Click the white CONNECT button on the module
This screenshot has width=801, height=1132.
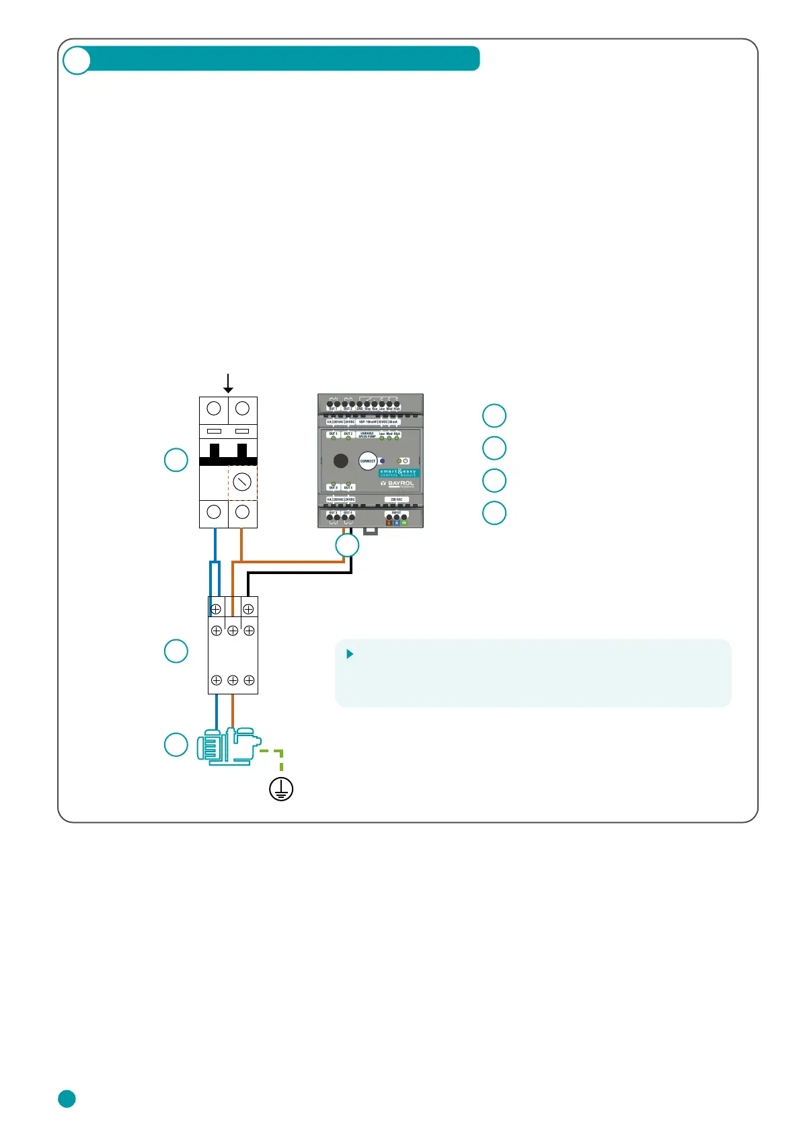(x=368, y=461)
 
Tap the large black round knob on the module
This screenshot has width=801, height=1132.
(x=341, y=460)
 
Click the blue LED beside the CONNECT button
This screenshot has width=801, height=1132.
(x=383, y=461)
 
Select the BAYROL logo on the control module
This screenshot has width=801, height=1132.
(x=398, y=483)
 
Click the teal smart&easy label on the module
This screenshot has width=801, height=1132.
(x=398, y=473)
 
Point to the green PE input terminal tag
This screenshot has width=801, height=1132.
(x=404, y=522)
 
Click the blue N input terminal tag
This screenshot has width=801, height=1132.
(x=397, y=522)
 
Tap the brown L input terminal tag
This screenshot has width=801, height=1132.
(x=389, y=522)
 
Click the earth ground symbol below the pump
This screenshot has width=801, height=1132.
(x=281, y=789)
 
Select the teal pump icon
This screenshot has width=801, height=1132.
(x=228, y=746)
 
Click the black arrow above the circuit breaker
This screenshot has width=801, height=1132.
(x=229, y=384)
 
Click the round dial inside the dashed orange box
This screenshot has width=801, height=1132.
(x=242, y=481)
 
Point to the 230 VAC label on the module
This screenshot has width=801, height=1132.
(x=397, y=499)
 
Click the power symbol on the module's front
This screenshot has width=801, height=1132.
(x=406, y=461)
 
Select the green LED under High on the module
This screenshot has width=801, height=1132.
(x=397, y=439)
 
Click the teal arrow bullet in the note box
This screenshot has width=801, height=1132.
(x=350, y=654)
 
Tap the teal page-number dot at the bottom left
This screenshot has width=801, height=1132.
(x=67, y=1098)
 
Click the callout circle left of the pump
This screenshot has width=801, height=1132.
(x=176, y=745)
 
